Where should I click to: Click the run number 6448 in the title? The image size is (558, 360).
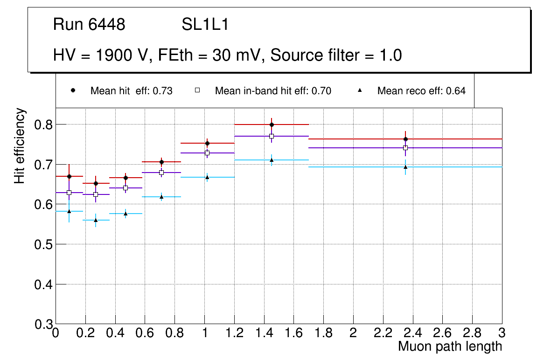[107, 25]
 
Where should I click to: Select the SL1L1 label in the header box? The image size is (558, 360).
[205, 25]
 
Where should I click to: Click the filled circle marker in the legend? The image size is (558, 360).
[72, 90]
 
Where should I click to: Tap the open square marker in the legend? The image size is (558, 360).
[197, 90]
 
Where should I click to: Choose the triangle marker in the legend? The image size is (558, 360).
[359, 90]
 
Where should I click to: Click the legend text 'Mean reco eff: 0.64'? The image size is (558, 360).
[421, 91]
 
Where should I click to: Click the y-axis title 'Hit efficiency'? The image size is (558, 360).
[19, 145]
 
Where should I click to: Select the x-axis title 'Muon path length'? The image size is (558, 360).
[450, 346]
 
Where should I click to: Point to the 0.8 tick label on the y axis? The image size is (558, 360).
[43, 125]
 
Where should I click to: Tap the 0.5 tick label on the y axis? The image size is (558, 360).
[43, 244]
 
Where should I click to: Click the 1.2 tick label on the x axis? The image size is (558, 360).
[234, 333]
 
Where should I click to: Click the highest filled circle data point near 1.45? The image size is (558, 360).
[272, 125]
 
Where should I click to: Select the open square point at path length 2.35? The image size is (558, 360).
[405, 148]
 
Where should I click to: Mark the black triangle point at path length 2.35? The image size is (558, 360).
[405, 167]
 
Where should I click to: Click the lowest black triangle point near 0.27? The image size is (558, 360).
[96, 220]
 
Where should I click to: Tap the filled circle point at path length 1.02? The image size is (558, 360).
[207, 143]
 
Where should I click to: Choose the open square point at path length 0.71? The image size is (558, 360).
[161, 173]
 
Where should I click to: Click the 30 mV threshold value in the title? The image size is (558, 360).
[232, 55]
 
